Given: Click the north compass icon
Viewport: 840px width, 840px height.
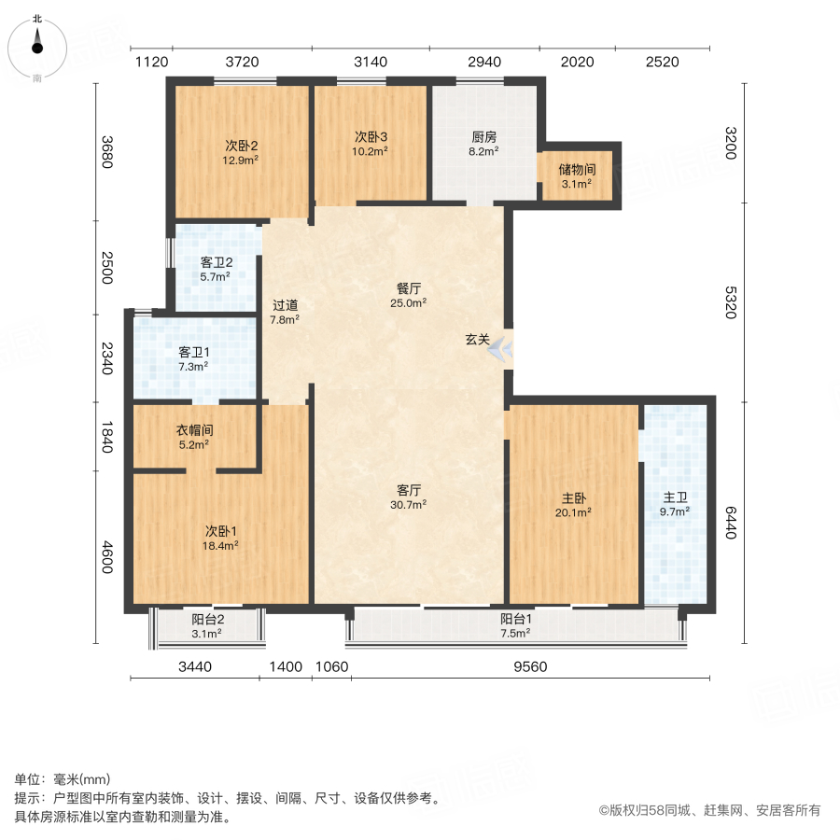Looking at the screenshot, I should pyautogui.click(x=37, y=44).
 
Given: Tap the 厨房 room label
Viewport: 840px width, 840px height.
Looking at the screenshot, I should pyautogui.click(x=483, y=136).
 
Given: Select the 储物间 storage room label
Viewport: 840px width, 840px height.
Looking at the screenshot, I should pyautogui.click(x=577, y=170).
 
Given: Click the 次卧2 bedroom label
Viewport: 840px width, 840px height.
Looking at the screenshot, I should pyautogui.click(x=241, y=146).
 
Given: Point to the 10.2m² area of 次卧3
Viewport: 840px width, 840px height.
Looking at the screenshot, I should pyautogui.click(x=371, y=150).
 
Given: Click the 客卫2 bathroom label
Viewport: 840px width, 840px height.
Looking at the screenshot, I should pyautogui.click(x=217, y=262).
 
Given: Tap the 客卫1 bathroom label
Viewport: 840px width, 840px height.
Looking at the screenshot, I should pyautogui.click(x=194, y=353).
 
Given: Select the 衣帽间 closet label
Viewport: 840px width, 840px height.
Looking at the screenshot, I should pyautogui.click(x=195, y=431).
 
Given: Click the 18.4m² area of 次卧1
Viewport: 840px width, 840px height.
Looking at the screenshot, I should pyautogui.click(x=221, y=546).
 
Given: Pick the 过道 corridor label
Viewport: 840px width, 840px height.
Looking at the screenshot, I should pyautogui.click(x=285, y=305).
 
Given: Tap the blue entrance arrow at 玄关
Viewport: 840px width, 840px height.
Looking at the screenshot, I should pyautogui.click(x=500, y=348).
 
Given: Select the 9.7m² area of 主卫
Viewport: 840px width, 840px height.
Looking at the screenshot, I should pyautogui.click(x=675, y=511).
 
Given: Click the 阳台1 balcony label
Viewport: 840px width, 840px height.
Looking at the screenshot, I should pyautogui.click(x=513, y=618).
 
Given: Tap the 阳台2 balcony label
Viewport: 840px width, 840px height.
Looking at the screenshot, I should pyautogui.click(x=207, y=620).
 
